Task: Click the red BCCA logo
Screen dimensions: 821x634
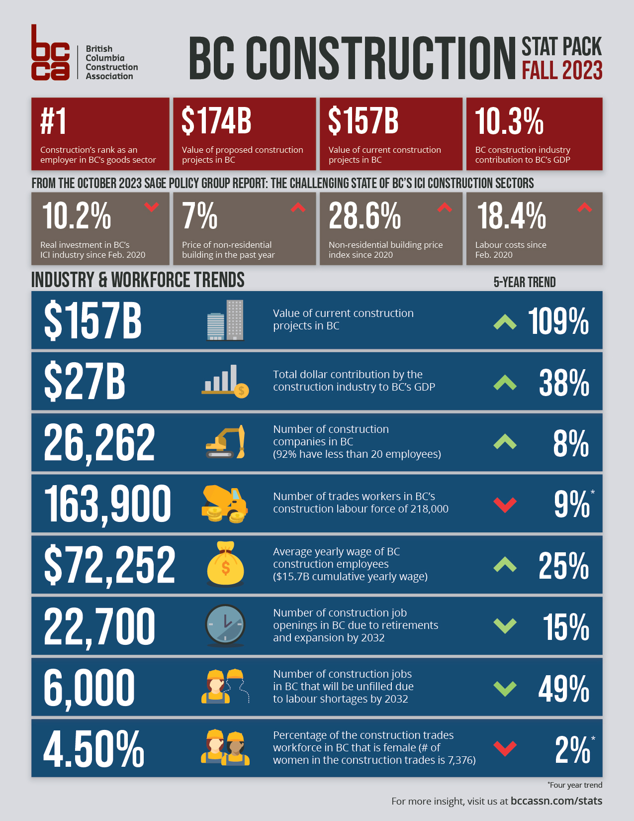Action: pos(50,53)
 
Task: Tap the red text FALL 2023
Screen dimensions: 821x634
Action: pos(562,71)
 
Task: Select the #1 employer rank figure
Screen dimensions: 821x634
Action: pos(53,122)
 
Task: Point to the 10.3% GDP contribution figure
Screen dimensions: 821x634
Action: pos(509,121)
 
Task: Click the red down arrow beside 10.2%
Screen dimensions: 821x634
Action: pos(151,206)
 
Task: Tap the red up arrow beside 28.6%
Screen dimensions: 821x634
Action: pos(444,207)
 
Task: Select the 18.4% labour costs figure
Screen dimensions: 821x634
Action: pos(511,216)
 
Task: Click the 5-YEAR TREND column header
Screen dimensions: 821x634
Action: pos(524,282)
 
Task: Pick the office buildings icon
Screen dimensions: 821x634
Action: pos(225,320)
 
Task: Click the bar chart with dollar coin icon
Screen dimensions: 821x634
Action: pos(225,381)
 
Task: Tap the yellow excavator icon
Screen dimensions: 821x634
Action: pos(225,442)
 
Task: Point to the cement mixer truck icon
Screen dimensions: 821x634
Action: pos(225,504)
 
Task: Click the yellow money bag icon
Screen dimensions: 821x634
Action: pos(225,564)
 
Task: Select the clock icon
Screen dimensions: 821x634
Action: pos(225,625)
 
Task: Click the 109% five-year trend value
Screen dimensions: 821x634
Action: pos(558,321)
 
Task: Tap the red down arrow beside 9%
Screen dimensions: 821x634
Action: pos(505,505)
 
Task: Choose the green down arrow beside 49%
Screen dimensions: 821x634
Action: pos(505,688)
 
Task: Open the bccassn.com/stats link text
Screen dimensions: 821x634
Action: pos(556,801)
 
